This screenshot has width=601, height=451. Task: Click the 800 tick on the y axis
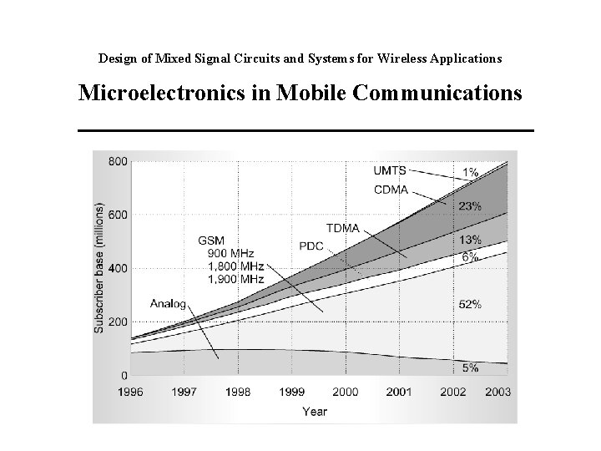(x=118, y=161)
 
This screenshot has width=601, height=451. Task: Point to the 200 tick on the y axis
(x=118, y=322)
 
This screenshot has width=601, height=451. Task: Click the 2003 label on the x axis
(x=498, y=392)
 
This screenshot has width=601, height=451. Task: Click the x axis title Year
(x=315, y=411)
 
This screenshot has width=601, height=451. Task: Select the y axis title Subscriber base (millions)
(x=99, y=267)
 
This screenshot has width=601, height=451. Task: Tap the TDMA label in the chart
(x=342, y=227)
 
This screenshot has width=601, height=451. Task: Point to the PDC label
(x=311, y=246)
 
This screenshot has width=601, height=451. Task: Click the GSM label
(x=211, y=240)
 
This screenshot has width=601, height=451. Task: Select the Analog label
(x=168, y=303)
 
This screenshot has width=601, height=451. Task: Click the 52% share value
(x=470, y=305)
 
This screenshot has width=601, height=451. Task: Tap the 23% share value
(x=470, y=205)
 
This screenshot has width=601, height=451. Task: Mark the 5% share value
(x=470, y=368)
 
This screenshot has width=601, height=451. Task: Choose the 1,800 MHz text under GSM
(x=229, y=266)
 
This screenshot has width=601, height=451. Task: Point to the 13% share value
(x=470, y=241)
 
